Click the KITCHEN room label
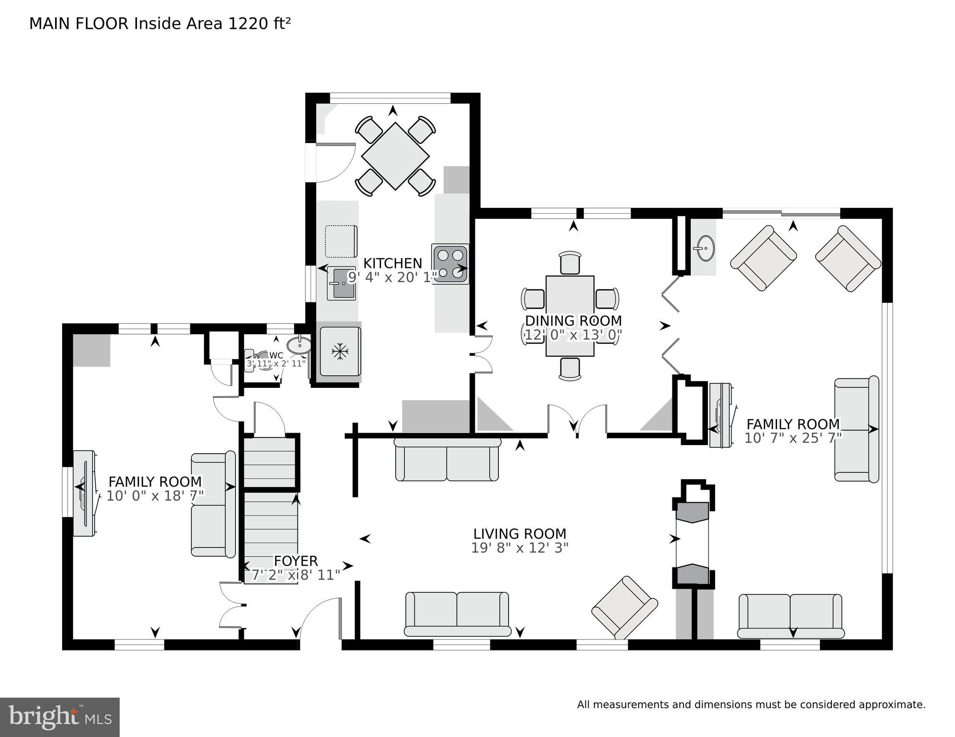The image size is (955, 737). click(x=392, y=263)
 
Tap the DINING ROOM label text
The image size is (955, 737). click(x=573, y=321)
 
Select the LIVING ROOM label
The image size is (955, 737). click(x=520, y=534)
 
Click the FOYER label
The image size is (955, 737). click(x=296, y=561)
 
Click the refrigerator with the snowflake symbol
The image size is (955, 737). click(x=340, y=351)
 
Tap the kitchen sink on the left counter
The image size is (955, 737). click(x=341, y=284)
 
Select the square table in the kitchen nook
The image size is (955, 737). click(x=395, y=156)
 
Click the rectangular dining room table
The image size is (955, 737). click(x=570, y=315)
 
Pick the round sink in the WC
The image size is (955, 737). click(x=299, y=345)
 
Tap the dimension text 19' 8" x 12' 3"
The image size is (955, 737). click(x=520, y=548)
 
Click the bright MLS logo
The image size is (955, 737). click(x=60, y=717)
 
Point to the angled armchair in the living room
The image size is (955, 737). click(x=624, y=607)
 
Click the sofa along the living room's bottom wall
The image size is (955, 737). click(x=457, y=614)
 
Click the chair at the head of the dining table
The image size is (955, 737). click(x=570, y=262)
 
